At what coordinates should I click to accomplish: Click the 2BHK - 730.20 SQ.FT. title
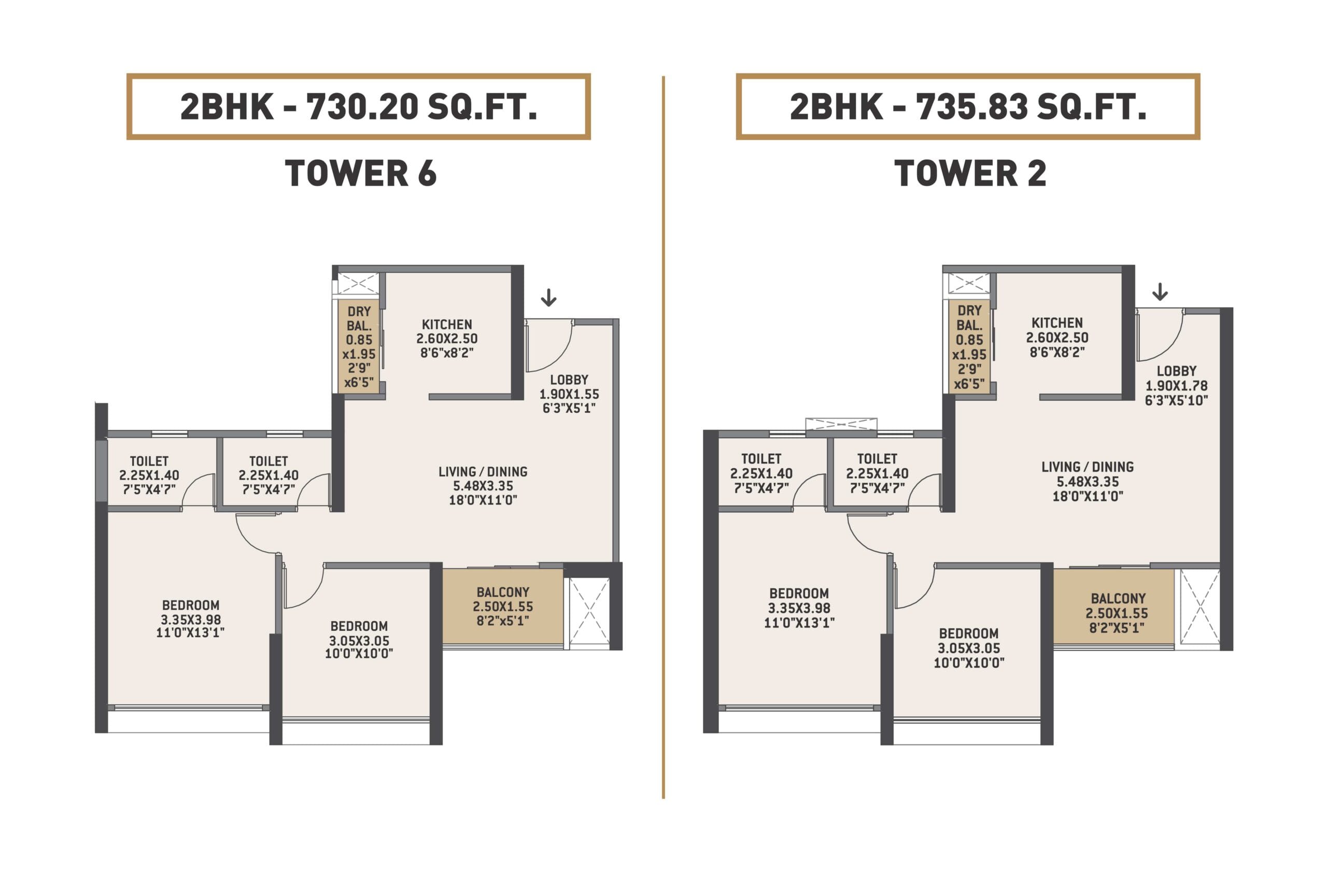click(358, 107)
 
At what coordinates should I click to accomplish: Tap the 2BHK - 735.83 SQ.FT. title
click(968, 107)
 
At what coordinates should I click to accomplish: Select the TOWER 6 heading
click(361, 173)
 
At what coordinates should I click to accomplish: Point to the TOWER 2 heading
click(970, 173)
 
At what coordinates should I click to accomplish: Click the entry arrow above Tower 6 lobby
click(548, 298)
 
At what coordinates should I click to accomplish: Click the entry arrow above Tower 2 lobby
click(1160, 292)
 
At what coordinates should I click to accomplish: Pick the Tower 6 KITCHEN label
click(447, 325)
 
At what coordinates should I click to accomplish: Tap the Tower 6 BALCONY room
click(503, 606)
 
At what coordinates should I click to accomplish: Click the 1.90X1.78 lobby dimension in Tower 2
click(1176, 386)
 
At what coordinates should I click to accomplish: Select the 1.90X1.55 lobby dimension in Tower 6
click(569, 394)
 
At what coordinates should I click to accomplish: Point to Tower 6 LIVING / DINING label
click(483, 471)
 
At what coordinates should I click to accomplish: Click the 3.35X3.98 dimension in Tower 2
click(799, 608)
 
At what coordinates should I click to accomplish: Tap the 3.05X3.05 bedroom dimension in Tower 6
click(359, 641)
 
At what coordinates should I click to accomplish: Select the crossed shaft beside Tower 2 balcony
click(1197, 609)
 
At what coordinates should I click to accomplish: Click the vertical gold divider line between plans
click(663, 438)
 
